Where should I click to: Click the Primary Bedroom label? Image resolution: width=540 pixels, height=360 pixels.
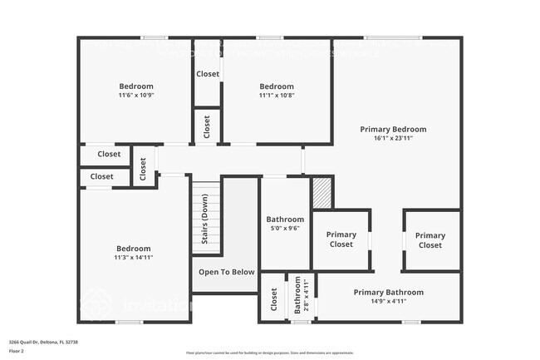393,129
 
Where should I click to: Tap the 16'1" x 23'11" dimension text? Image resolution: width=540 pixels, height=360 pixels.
393,138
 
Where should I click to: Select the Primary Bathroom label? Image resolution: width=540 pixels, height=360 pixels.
388,292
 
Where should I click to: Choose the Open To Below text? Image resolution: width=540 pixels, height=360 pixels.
226,272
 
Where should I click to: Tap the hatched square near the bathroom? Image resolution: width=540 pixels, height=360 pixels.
322,193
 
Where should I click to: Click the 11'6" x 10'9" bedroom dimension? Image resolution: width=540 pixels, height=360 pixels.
136,95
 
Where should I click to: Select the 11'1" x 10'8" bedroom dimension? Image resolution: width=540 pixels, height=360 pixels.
277,95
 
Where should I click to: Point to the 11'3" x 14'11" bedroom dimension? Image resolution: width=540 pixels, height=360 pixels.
133,258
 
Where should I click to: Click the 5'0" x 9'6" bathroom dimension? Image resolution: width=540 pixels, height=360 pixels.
285,229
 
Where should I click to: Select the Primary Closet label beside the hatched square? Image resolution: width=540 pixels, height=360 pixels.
341,239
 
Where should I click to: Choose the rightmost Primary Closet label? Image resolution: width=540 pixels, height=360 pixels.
430,240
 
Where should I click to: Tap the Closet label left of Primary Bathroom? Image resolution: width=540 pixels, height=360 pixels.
274,303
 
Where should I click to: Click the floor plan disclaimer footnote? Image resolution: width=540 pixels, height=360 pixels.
269,353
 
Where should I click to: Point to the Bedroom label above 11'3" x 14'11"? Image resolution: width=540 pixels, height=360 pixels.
133,249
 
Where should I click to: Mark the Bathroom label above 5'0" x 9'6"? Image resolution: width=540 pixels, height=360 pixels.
285,219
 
